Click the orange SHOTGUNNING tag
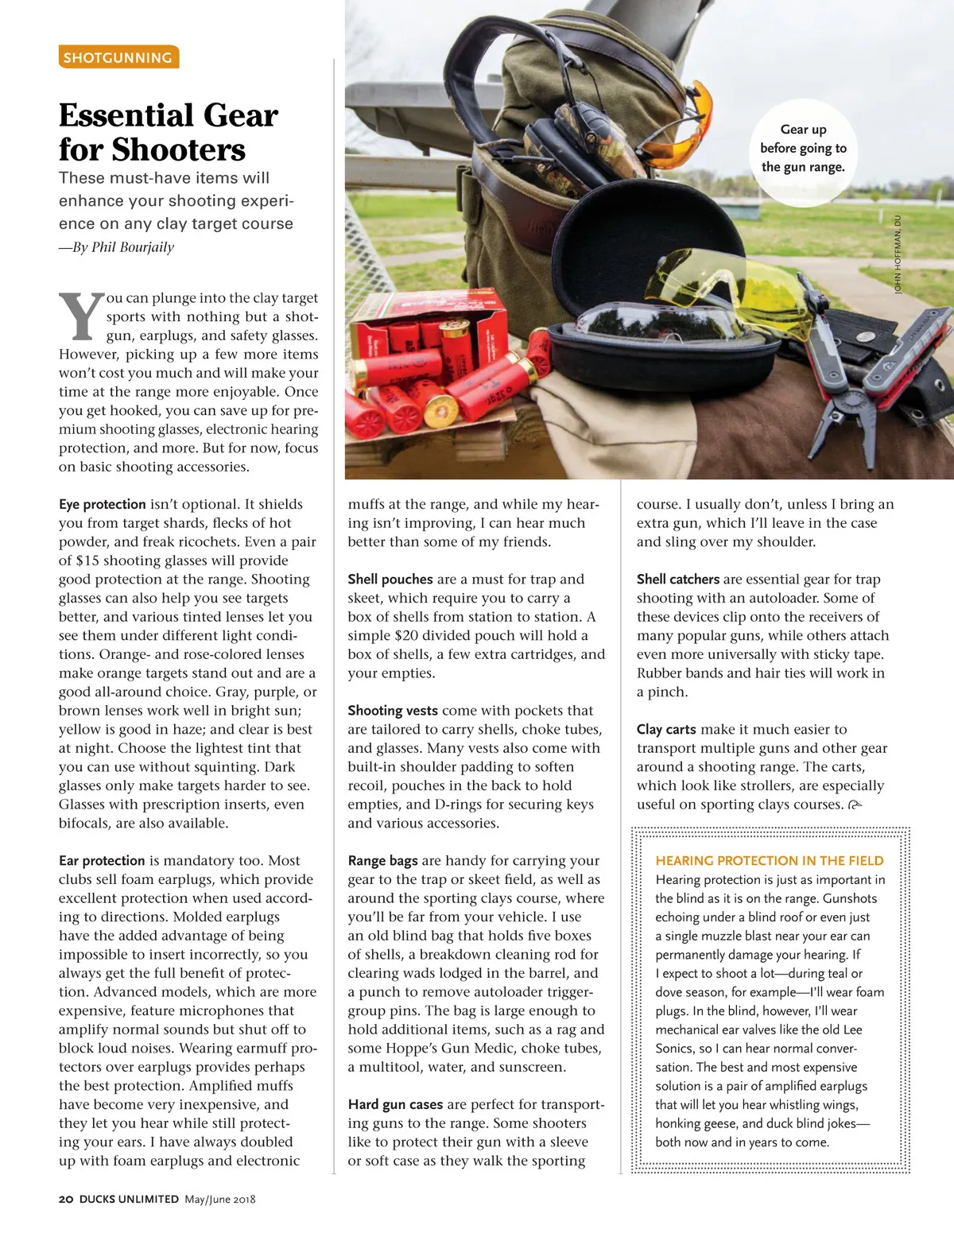coord(118,57)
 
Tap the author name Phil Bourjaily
coord(132,247)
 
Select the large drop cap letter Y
coord(81,317)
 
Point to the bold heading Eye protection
coord(102,504)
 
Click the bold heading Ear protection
coord(102,860)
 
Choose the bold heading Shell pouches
coord(390,579)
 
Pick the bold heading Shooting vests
coord(393,711)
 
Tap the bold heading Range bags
coord(382,860)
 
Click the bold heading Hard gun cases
coord(395,1104)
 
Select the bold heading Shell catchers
coord(677,579)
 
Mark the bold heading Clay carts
coord(666,729)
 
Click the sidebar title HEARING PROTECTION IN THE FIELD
coord(769,860)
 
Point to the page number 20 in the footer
coord(66,1199)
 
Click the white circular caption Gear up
coord(803,149)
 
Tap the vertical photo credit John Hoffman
coord(898,254)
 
